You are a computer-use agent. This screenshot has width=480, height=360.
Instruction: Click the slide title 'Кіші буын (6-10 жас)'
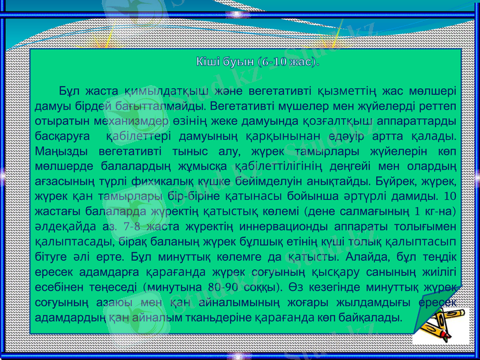point(256,62)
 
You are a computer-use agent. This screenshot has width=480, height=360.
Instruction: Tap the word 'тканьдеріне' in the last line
point(216,316)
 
